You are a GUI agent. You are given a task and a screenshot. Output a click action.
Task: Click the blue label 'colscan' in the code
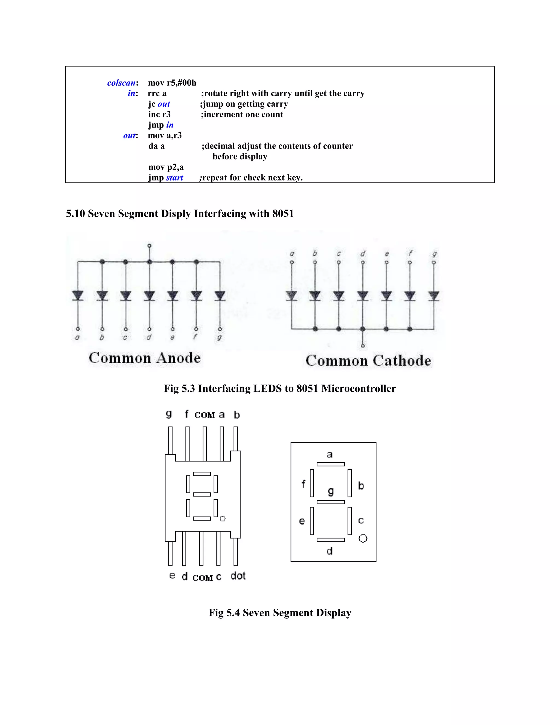pyautogui.click(x=121, y=83)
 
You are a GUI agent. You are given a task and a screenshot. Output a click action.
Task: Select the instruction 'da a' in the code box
pyautogui.click(x=156, y=146)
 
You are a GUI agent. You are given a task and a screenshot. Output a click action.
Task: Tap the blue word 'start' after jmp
pyautogui.click(x=174, y=178)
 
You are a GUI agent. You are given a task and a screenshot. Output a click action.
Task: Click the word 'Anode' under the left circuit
pyautogui.click(x=179, y=358)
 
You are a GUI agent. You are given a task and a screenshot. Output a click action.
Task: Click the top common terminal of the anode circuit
pyautogui.click(x=149, y=246)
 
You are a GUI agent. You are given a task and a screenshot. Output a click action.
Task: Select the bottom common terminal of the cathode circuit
pyautogui.click(x=363, y=346)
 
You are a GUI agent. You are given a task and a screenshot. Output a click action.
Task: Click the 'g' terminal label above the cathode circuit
pyautogui.click(x=434, y=254)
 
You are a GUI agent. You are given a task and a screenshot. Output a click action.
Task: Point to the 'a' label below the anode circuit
pyautogui.click(x=77, y=338)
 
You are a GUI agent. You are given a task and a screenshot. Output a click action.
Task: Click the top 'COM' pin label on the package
pyautogui.click(x=205, y=415)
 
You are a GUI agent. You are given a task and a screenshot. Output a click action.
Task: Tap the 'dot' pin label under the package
pyautogui.click(x=238, y=576)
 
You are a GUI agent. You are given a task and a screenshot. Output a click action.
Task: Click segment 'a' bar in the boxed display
pyautogui.click(x=330, y=464)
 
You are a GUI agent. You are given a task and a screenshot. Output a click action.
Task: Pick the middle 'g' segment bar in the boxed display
pyautogui.click(x=330, y=502)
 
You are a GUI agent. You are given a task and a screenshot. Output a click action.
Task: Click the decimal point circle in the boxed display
pyautogui.click(x=363, y=538)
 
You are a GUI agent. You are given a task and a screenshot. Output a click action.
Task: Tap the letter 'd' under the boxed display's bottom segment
pyautogui.click(x=329, y=551)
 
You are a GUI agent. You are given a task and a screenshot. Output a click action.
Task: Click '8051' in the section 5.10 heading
pyautogui.click(x=283, y=213)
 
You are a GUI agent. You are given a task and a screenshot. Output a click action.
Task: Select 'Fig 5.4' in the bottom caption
pyautogui.click(x=224, y=613)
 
